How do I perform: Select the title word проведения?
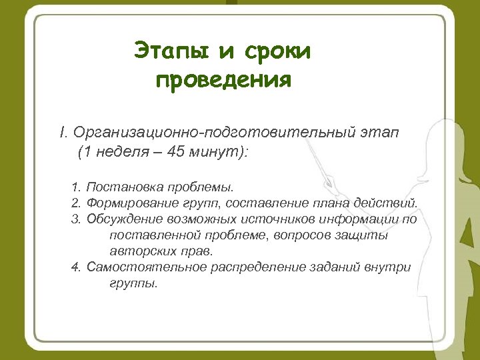(223, 80)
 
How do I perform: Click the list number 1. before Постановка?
(75, 187)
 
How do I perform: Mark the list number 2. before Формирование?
(75, 203)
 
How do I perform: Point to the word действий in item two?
(397, 203)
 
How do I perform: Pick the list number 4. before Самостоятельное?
(75, 267)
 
